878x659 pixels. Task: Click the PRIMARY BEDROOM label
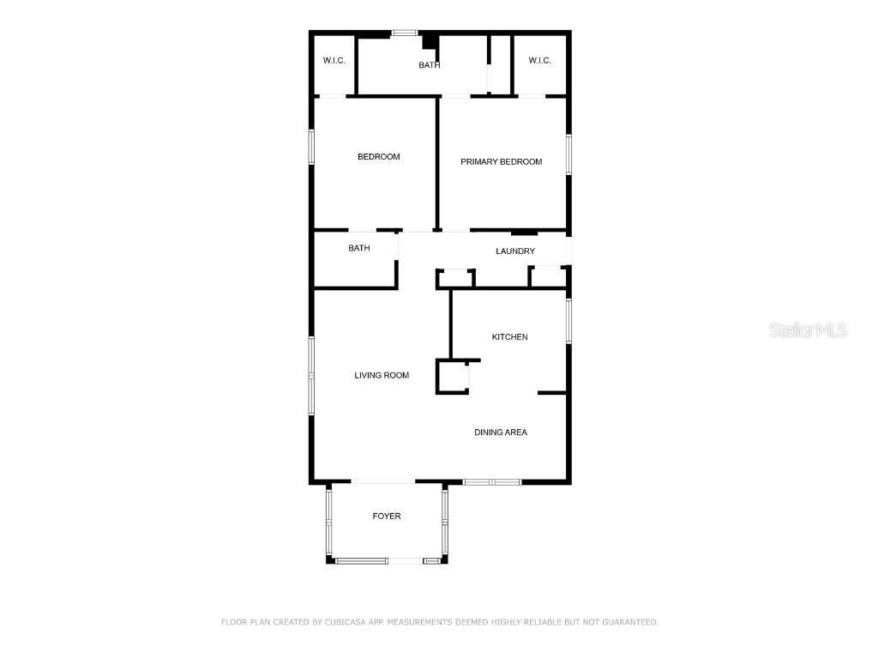[501, 162]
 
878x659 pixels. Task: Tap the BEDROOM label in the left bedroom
[378, 157]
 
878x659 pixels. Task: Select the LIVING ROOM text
[382, 376]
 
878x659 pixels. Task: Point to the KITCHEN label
[509, 336]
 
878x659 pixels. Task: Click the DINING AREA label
[501, 432]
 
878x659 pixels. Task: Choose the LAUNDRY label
[515, 251]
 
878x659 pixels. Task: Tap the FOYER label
[387, 516]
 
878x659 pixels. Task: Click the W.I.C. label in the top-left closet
[334, 61]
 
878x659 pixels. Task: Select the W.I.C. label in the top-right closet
[540, 61]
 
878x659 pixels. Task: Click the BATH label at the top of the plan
[430, 65]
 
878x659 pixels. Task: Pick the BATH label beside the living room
[359, 248]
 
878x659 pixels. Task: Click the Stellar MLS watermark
[808, 330]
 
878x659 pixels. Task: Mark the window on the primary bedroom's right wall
[568, 154]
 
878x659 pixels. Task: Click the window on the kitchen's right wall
[568, 321]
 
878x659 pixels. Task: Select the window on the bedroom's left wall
[311, 147]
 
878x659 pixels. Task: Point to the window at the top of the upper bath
[405, 33]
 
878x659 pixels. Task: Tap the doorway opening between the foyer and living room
[383, 481]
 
